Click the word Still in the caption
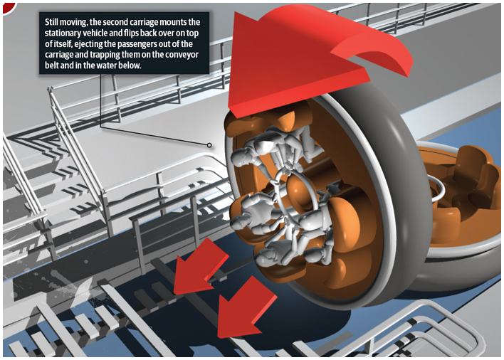51,22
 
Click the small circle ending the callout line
209,145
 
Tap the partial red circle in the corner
9,8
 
